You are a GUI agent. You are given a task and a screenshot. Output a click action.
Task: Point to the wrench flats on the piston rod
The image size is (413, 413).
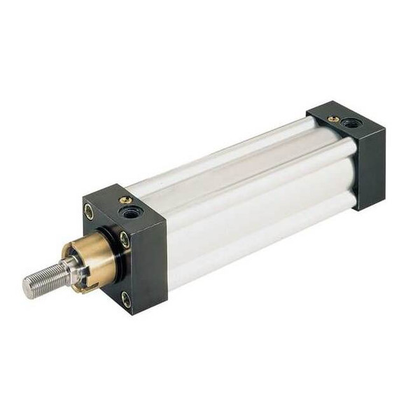pos(70,269)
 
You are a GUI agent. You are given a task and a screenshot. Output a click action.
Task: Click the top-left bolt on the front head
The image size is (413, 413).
pos(89,211)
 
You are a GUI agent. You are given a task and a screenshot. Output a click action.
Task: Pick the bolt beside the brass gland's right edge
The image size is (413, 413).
pos(124,239)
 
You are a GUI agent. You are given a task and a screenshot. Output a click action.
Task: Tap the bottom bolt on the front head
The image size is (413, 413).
pos(126,300)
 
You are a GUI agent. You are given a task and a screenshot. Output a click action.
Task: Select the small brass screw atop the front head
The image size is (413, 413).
pos(126,200)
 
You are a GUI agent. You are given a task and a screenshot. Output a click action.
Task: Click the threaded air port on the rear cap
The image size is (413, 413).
pos(351,123)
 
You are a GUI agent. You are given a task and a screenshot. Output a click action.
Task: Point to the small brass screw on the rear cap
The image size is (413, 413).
pos(335,119)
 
